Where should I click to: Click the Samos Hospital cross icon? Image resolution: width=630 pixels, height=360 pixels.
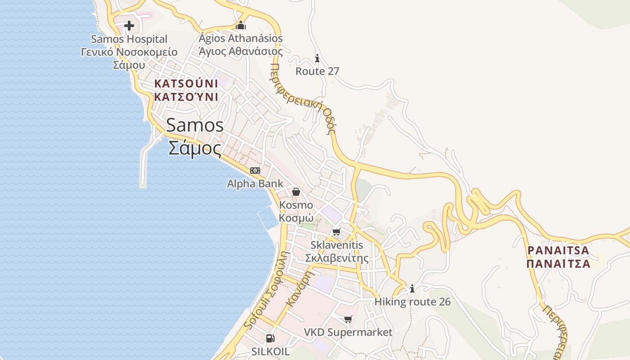[129, 26]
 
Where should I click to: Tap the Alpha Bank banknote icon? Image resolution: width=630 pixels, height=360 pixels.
[255, 171]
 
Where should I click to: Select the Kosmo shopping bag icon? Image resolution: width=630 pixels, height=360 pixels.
[296, 192]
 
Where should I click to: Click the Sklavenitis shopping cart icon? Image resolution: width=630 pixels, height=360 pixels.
[336, 232]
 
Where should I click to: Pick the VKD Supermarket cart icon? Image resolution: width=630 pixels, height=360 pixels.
[348, 319]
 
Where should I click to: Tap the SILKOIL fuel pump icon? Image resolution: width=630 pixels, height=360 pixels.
[270, 338]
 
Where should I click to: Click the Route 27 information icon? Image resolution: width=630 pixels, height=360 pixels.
[317, 58]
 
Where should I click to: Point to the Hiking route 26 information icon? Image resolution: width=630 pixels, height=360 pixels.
[412, 288]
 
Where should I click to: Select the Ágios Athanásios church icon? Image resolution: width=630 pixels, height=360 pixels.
[241, 25]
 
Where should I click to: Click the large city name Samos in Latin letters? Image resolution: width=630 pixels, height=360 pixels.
[195, 125]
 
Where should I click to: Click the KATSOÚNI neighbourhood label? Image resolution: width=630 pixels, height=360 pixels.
[186, 84]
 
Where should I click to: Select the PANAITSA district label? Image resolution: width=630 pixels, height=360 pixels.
[558, 250]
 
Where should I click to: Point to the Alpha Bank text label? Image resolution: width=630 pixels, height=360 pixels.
[255, 184]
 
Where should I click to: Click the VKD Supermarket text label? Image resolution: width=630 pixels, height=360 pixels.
[348, 333]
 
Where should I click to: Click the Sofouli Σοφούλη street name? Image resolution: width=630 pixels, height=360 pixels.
[265, 290]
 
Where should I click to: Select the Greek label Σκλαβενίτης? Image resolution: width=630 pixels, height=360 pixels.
[337, 258]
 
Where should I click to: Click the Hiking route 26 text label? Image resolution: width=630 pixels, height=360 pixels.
[412, 301]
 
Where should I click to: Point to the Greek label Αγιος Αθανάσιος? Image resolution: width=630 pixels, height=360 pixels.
[241, 51]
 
